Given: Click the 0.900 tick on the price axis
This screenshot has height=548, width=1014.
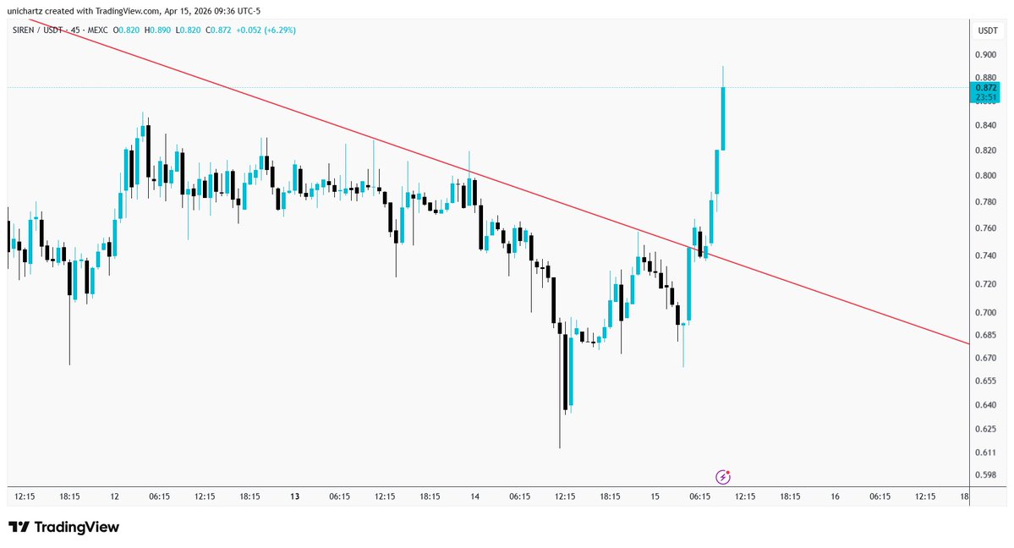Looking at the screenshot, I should (x=986, y=54).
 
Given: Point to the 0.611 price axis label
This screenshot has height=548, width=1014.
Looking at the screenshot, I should (x=986, y=453).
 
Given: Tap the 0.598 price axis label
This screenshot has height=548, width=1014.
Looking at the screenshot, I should (x=986, y=474).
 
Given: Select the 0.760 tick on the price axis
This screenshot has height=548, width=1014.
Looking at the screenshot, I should (x=986, y=228).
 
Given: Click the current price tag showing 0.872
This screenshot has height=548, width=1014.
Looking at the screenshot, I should (x=986, y=88).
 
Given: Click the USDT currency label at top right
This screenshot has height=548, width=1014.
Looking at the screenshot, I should (x=987, y=30).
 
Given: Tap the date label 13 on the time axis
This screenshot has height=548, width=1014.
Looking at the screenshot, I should (x=295, y=496).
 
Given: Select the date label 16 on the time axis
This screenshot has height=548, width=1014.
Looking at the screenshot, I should (x=835, y=496).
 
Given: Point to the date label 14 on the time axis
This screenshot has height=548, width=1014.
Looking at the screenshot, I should (x=474, y=496).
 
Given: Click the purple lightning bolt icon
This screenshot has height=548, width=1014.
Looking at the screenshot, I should (x=723, y=477).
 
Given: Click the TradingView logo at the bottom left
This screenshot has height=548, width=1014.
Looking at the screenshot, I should (x=64, y=528).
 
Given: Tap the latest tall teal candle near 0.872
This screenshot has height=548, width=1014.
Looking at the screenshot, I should (x=723, y=118).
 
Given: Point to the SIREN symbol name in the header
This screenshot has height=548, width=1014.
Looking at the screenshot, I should (x=24, y=30).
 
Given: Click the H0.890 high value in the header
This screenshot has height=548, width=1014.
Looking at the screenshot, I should (x=158, y=30).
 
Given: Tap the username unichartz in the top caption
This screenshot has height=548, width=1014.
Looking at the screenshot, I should (x=28, y=8).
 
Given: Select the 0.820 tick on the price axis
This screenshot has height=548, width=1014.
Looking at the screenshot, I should (x=986, y=151).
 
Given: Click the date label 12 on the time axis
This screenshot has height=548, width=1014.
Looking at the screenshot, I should (x=115, y=496).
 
